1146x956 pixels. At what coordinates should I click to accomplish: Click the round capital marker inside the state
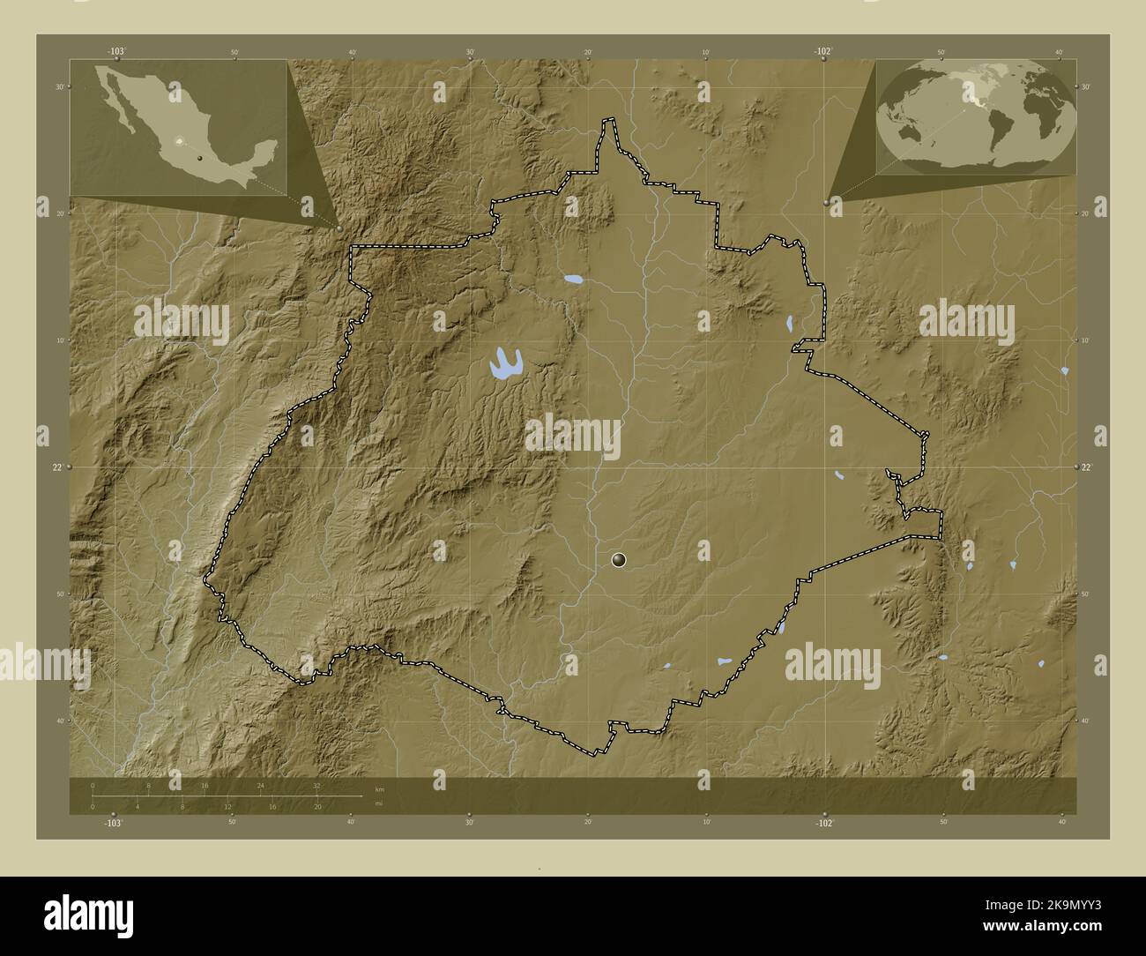tap(620, 559)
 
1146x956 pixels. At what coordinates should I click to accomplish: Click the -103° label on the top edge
tap(116, 52)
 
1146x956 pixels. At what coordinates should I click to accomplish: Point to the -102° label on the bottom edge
tap(823, 822)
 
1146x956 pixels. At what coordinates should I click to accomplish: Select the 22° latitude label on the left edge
tap(56, 467)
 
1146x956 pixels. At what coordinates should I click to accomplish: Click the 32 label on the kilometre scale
tap(316, 785)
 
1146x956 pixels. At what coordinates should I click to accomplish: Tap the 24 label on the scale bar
tap(260, 785)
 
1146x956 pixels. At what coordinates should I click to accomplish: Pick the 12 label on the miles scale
tap(227, 807)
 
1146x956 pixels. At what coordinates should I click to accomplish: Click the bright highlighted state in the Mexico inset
tap(182, 141)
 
